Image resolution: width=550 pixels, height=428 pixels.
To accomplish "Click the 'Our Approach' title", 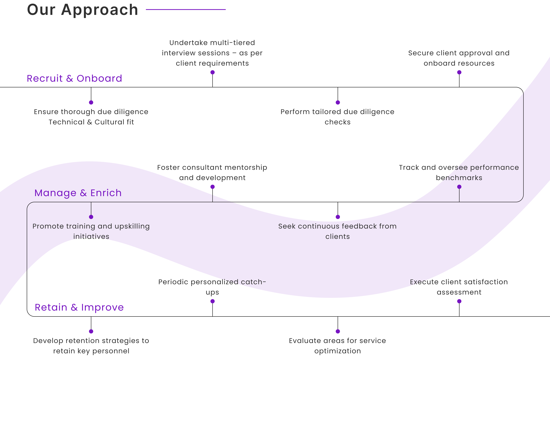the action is tap(83, 10).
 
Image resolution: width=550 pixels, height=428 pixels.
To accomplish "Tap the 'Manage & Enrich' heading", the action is tap(78, 193).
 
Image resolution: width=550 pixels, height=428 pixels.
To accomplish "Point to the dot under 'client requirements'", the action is tap(213, 72).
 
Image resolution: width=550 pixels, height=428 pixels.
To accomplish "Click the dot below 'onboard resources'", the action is tap(459, 72).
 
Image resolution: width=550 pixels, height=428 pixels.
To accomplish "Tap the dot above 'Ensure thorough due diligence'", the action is tap(91, 102).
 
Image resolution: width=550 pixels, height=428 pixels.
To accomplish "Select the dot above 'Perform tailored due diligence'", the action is tap(338, 102).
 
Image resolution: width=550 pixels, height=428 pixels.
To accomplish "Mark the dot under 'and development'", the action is tap(213, 187).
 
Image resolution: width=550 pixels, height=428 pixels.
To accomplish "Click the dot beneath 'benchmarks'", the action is tap(459, 187).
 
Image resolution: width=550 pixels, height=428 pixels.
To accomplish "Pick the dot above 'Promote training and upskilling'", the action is tap(91, 217).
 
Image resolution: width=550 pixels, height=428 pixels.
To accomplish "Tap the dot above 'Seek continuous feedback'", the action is tap(338, 217).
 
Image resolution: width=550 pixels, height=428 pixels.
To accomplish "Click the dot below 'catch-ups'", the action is tap(213, 301).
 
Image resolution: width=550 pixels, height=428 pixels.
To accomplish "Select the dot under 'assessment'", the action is tap(459, 301).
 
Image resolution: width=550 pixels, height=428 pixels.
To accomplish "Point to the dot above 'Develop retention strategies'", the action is tap(91, 331).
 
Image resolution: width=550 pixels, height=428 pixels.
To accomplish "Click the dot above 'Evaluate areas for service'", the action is tap(338, 331).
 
